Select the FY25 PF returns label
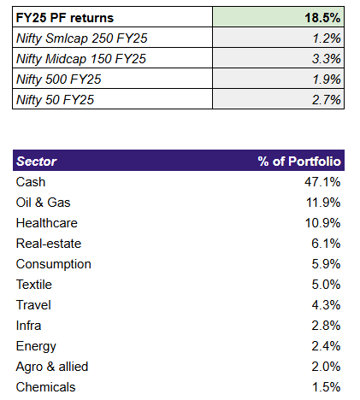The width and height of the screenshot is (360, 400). pyautogui.click(x=64, y=17)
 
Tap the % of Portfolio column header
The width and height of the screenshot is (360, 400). pyautogui.click(x=299, y=162)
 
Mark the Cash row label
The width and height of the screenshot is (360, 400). pyautogui.click(x=31, y=182)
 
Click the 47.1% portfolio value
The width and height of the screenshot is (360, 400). pyautogui.click(x=323, y=182)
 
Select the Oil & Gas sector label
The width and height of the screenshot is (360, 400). pyautogui.click(x=44, y=203)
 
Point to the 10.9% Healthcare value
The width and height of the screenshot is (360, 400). pyautogui.click(x=323, y=223)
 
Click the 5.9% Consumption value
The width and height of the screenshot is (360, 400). pyautogui.click(x=326, y=264)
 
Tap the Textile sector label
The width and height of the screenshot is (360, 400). pyautogui.click(x=35, y=285)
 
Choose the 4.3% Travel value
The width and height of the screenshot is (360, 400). pyautogui.click(x=326, y=305)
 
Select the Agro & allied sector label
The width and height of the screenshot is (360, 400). pyautogui.click(x=51, y=367)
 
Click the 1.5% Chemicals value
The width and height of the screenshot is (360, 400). pyautogui.click(x=326, y=387)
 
